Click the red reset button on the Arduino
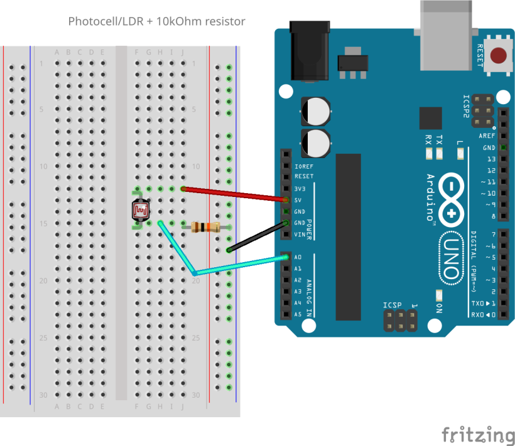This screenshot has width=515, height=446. tap(499, 55)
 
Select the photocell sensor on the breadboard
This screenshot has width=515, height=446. tap(140, 211)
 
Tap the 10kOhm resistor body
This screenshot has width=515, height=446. tap(202, 227)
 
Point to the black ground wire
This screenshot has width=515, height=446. tap(257, 236)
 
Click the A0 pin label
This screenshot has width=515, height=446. tap(298, 257)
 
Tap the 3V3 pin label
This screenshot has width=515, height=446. tap(300, 188)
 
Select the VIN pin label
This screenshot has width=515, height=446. tap(300, 234)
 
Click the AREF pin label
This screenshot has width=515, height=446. tap(487, 136)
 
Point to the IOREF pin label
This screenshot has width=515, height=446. tap(303, 166)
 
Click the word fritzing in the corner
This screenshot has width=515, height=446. tap(478, 435)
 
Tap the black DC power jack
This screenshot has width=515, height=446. tap(309, 50)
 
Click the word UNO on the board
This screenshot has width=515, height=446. tap(452, 257)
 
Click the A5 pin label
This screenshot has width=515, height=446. tap(298, 314)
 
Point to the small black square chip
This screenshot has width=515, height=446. tap(430, 118)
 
